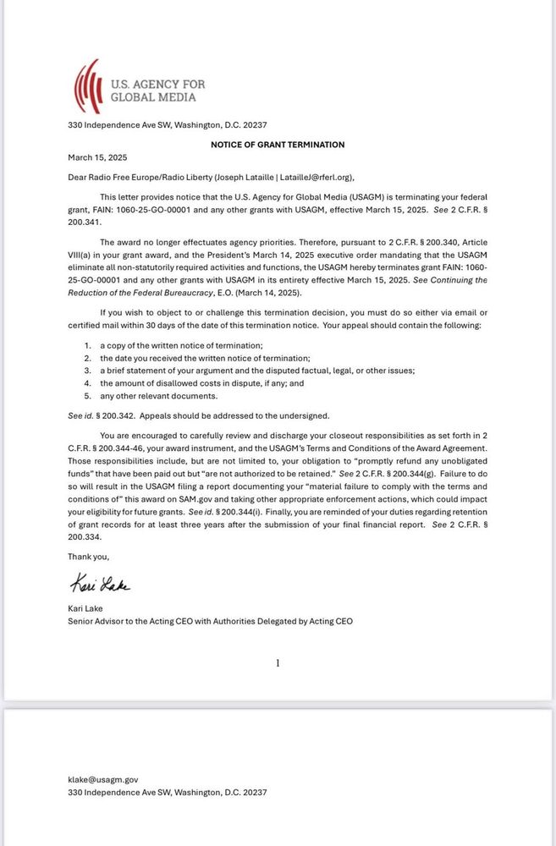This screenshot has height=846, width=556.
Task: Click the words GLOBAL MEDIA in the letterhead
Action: [x=153, y=97]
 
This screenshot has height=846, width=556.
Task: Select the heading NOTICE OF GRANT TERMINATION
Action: [x=278, y=145]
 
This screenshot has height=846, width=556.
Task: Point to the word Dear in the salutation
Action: [x=78, y=177]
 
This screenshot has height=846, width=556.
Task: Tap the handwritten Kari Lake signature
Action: [x=99, y=585]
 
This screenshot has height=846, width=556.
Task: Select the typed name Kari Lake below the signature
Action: [x=87, y=608]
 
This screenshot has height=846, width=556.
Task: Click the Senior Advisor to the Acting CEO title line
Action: [x=210, y=620]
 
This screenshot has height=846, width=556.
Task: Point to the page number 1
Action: [x=278, y=663]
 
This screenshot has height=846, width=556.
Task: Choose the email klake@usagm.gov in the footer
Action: [x=102, y=779]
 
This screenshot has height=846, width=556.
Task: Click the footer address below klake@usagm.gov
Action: [x=167, y=792]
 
